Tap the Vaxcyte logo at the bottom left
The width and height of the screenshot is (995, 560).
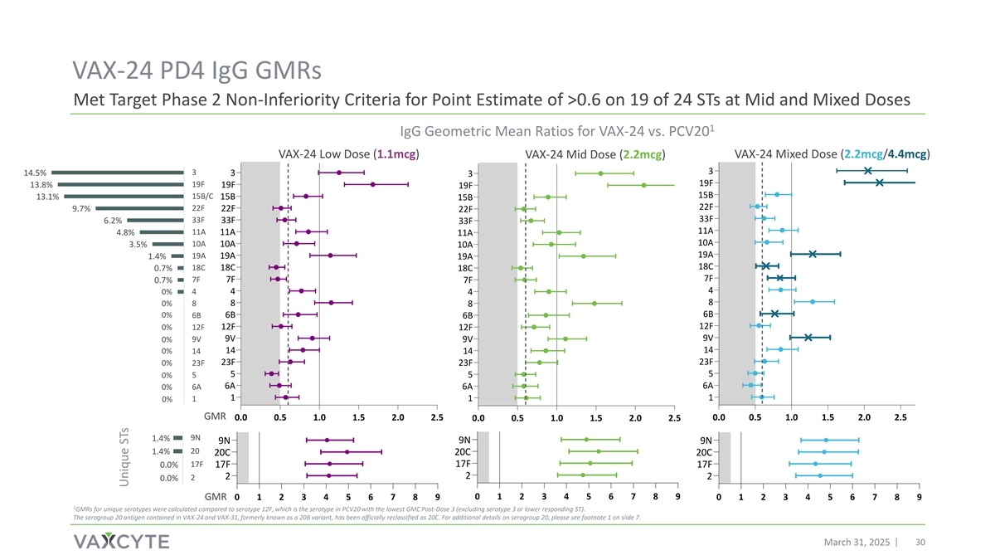[121, 541]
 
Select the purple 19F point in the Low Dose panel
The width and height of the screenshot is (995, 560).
[373, 184]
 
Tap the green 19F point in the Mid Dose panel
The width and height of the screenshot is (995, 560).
[643, 185]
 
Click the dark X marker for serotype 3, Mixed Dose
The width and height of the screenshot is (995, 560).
[867, 170]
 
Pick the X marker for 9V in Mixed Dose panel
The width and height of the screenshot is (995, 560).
[808, 338]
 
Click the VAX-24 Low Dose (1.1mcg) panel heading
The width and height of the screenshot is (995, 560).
[348, 153]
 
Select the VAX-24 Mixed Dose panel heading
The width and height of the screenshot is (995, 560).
[832, 153]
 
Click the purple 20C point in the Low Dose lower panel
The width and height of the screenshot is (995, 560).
[347, 451]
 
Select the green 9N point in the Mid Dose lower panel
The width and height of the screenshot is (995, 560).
[586, 440]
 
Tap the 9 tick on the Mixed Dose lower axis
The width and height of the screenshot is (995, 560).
[919, 498]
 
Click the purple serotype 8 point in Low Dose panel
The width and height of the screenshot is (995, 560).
[331, 303]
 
